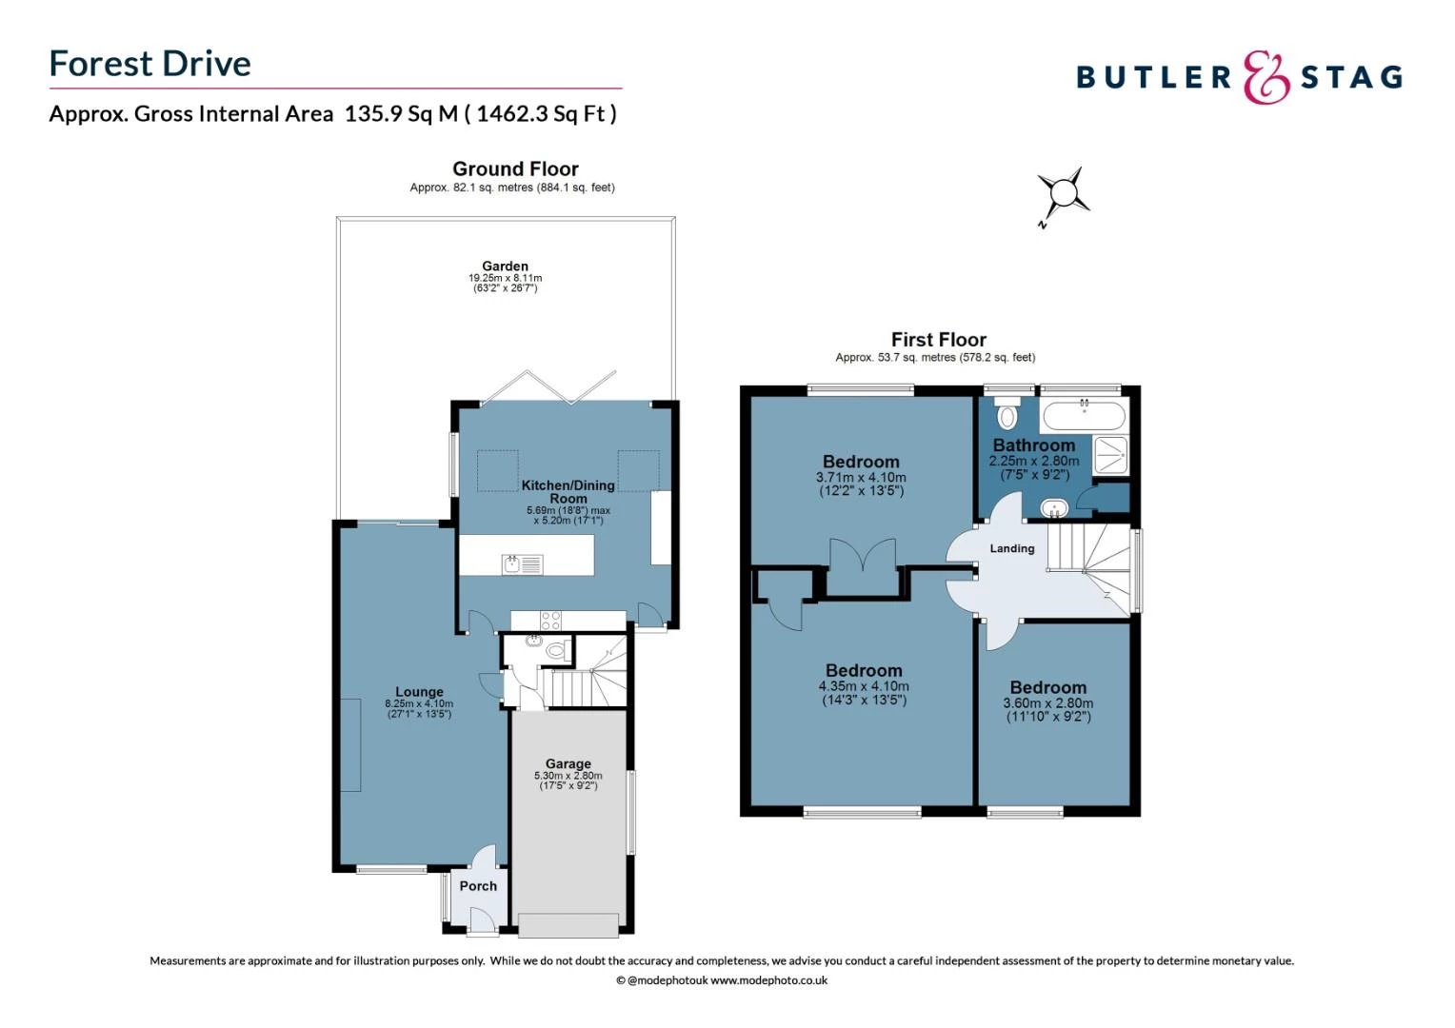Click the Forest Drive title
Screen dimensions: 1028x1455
149,64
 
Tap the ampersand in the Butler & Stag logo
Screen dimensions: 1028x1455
1266,77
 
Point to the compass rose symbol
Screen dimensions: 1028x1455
1062,194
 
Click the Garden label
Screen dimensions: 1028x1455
505,267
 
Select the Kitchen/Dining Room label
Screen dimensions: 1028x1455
568,491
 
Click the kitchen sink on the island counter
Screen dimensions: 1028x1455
521,564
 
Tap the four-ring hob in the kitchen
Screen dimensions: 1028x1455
550,621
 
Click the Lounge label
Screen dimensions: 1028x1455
419,692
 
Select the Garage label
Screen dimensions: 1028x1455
568,763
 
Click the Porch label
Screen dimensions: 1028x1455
478,886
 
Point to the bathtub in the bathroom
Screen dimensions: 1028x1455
1084,415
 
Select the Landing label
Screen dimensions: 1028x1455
1011,548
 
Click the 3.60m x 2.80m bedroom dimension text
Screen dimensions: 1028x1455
1047,703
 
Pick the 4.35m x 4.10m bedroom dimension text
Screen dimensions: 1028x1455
864,686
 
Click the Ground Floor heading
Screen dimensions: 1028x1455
515,168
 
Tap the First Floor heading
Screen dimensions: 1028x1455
938,340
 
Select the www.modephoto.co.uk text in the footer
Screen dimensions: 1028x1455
768,980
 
